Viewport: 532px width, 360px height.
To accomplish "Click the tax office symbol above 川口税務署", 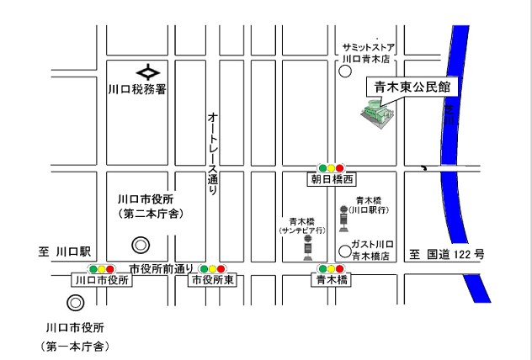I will (x=148, y=71).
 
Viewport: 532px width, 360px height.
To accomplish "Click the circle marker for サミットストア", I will (x=344, y=72).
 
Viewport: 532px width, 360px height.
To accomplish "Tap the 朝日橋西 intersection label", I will (x=330, y=180).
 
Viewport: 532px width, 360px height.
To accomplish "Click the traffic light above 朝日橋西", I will (x=330, y=167).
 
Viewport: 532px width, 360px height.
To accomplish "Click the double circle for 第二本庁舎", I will (x=141, y=245).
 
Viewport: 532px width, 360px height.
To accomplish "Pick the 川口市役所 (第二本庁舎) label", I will (x=151, y=206).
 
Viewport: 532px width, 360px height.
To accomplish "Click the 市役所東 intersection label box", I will (x=212, y=281).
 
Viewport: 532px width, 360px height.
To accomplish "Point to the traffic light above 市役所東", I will (x=212, y=268).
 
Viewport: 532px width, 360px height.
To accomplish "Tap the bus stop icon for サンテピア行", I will (x=307, y=246).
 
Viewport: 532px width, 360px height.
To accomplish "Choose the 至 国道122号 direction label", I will (x=447, y=253).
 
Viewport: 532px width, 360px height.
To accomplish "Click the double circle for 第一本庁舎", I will (x=77, y=302).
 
